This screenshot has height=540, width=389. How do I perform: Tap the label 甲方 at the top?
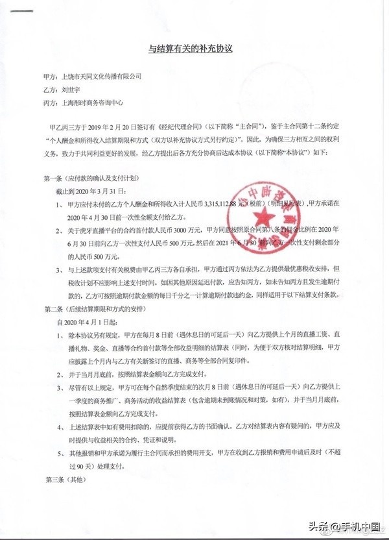click(x=47, y=76)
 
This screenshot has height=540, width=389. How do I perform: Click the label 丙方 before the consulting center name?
click(x=47, y=103)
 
